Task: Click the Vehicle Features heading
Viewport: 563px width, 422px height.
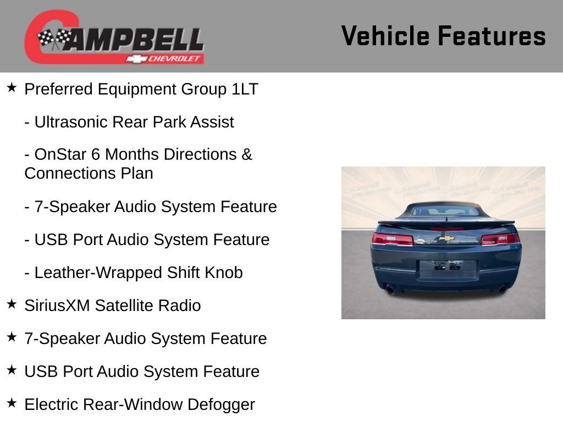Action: (x=443, y=36)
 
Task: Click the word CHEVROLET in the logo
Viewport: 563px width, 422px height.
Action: (x=175, y=59)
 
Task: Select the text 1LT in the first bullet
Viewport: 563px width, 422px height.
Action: (x=245, y=89)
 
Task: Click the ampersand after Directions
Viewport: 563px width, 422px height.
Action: (x=246, y=154)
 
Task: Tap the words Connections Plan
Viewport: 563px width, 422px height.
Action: (x=89, y=173)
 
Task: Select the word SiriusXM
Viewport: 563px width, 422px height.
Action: (x=57, y=306)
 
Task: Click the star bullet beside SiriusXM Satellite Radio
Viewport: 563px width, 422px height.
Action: (x=12, y=304)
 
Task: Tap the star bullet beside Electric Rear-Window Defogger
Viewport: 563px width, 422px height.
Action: (x=12, y=403)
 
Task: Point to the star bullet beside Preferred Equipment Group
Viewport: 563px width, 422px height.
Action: (x=12, y=88)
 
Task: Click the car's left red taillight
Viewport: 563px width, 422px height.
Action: (x=393, y=239)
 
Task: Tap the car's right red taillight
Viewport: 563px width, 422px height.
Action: (x=499, y=239)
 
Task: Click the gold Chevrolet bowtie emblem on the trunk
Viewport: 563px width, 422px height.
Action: (x=446, y=238)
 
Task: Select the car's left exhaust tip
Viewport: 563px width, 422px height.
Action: (x=390, y=289)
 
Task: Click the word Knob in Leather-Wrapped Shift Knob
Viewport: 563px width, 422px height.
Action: (x=225, y=273)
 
